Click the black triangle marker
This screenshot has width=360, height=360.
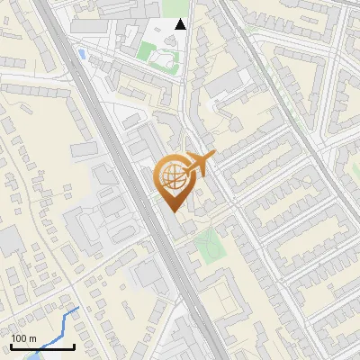[x=181, y=24]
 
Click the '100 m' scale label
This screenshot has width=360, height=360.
[x=22, y=339]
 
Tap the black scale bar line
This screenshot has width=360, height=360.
[x=41, y=347]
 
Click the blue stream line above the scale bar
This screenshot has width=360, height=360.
[x=63, y=324]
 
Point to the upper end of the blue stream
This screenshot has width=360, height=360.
[x=78, y=308]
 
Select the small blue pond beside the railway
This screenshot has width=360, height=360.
[x=83, y=55]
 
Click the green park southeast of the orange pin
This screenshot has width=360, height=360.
[x=208, y=241]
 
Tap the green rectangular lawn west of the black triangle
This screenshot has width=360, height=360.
[x=147, y=50]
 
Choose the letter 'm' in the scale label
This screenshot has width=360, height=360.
[x=31, y=339]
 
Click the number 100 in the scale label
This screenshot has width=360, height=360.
[x=18, y=339]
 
